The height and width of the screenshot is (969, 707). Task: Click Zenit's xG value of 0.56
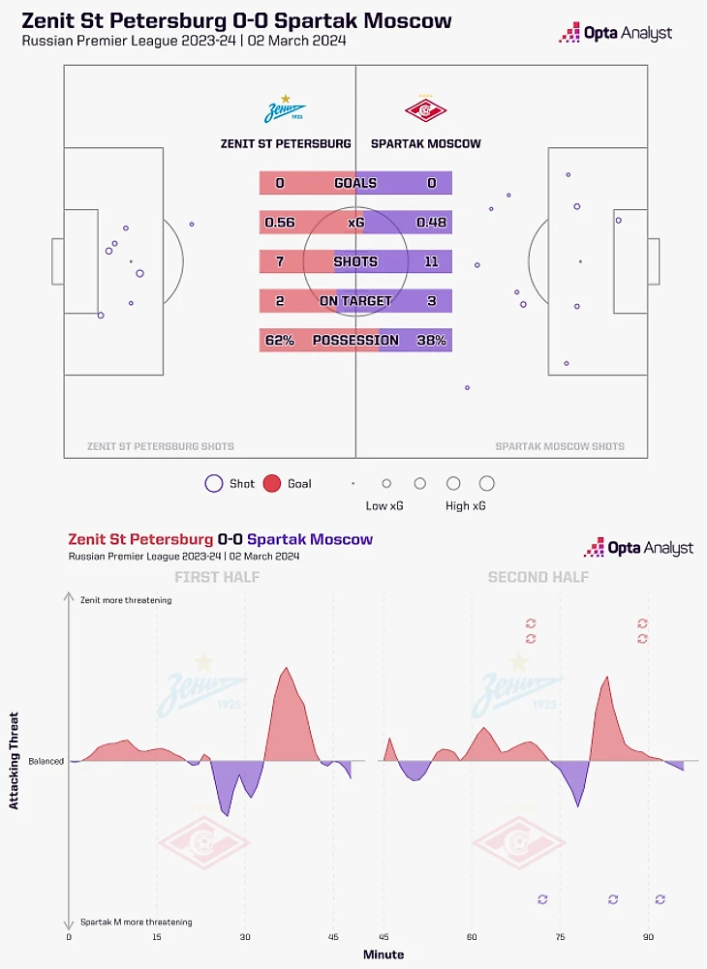click(280, 223)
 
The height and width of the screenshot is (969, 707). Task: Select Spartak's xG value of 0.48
click(431, 223)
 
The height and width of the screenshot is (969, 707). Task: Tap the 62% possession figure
click(280, 341)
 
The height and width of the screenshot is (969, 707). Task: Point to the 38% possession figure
click(431, 341)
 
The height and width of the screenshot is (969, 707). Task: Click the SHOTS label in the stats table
click(355, 262)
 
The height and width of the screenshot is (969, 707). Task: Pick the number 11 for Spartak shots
click(432, 262)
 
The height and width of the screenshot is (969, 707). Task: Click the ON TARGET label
click(355, 301)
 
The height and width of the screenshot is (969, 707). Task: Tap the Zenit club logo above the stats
click(285, 110)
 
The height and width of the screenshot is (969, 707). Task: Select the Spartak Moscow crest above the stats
click(425, 110)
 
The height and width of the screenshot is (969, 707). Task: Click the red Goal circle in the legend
click(271, 483)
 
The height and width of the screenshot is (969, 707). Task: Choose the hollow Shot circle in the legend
click(214, 483)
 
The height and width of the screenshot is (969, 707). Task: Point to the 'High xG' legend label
click(464, 506)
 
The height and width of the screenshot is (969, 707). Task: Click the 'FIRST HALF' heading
click(217, 578)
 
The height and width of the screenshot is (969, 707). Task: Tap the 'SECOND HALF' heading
click(538, 578)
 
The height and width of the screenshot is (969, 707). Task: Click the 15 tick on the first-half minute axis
click(157, 938)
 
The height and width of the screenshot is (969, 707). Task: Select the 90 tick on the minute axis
click(649, 938)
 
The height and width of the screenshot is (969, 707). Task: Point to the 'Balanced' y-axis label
click(46, 761)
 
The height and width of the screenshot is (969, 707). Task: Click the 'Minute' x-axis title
click(384, 954)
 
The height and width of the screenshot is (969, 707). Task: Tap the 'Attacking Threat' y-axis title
click(15, 761)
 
